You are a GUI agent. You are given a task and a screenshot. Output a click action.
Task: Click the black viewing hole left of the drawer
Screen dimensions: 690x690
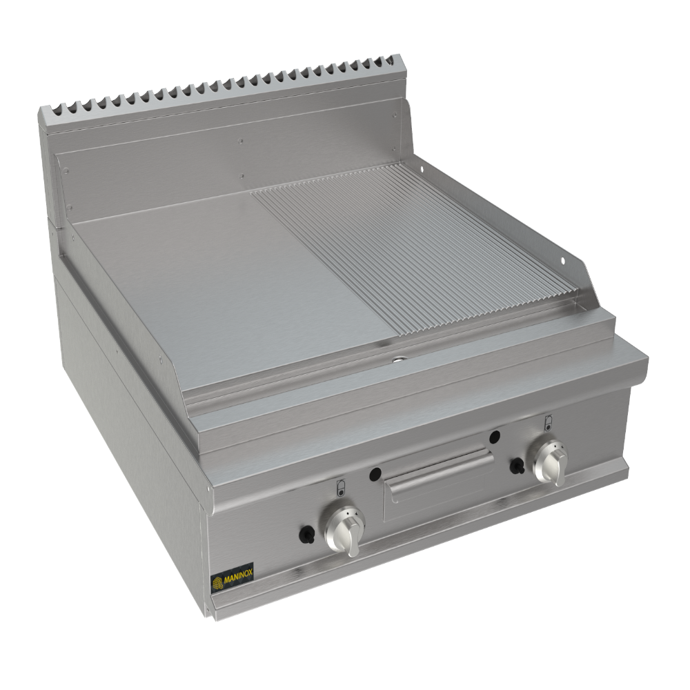coord(375,473)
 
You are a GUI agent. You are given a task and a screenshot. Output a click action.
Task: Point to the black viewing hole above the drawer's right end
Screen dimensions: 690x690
coord(494,436)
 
